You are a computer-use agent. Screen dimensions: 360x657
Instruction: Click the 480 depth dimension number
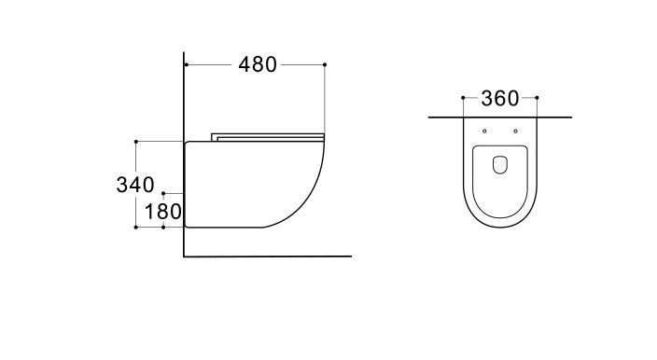tap(258, 65)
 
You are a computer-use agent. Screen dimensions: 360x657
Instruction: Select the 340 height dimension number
tap(134, 185)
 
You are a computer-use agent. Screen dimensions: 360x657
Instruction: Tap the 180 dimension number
tap(163, 212)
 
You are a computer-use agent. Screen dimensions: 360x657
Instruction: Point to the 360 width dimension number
tap(499, 98)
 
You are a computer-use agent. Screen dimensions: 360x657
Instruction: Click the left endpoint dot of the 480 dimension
tap(186, 64)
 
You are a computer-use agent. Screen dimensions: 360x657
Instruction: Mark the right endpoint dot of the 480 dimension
tap(325, 64)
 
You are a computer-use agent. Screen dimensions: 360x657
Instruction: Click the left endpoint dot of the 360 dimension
tap(463, 97)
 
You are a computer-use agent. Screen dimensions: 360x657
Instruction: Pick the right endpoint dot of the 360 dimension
tap(537, 97)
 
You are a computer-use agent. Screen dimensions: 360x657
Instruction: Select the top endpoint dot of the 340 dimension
tap(137, 142)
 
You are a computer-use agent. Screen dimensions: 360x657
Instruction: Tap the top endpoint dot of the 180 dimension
tap(164, 190)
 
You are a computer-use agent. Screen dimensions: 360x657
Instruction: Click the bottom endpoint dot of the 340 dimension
tap(137, 228)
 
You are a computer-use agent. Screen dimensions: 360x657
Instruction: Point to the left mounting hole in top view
tap(485, 130)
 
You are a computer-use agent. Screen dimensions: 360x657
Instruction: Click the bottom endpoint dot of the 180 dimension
tap(164, 228)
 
